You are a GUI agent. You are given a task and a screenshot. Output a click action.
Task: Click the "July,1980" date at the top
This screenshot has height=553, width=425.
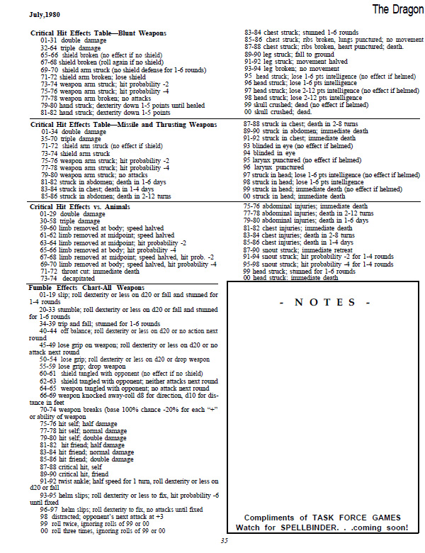click(44, 13)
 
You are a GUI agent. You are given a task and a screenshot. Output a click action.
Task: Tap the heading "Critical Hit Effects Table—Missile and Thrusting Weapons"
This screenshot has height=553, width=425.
click(122, 124)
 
